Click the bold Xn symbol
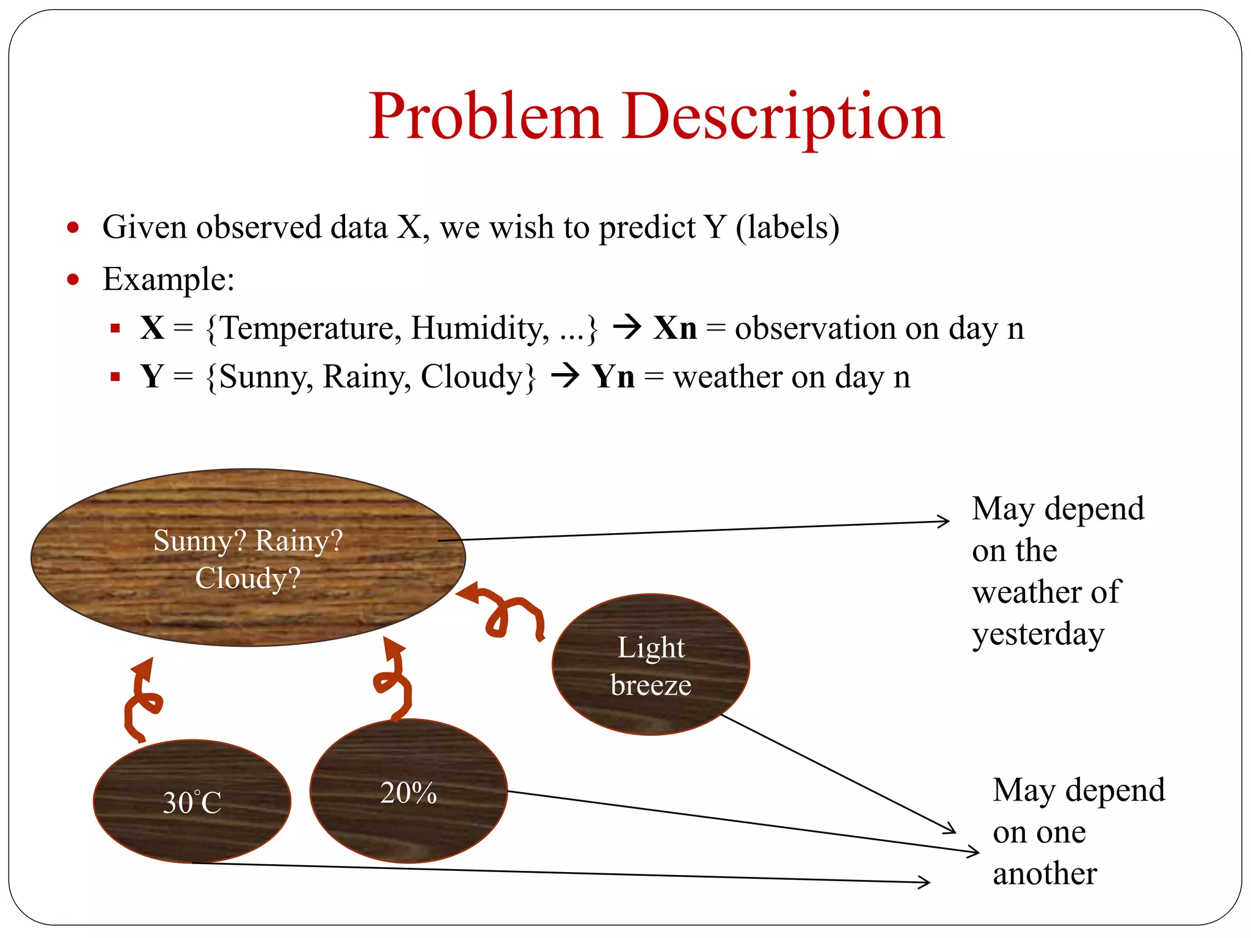pos(674,328)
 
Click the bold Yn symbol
pos(613,376)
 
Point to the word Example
pos(168,280)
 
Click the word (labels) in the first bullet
pos(787,227)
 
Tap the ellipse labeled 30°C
pos(192,801)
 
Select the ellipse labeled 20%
pos(408,791)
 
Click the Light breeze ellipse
pos(651,664)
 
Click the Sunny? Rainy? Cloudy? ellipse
pos(248,558)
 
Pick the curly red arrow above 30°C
pos(142,700)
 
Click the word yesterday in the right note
pos(1038,634)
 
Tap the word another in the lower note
pos(1045,873)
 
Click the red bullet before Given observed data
pos(73,228)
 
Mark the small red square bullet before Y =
pos(115,377)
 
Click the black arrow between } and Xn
pos(627,327)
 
